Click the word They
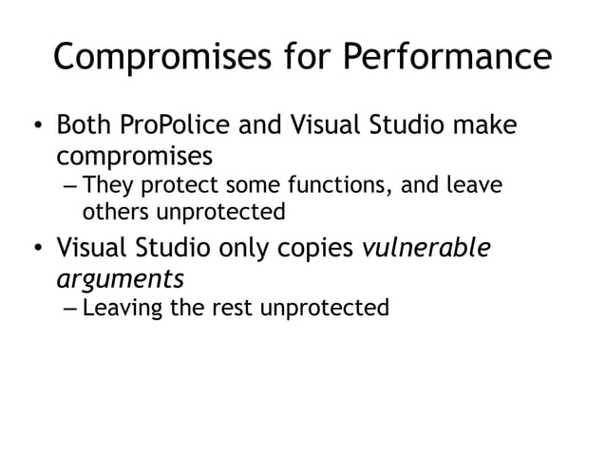point(108,184)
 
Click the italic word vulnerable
point(426,249)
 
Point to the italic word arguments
point(119,278)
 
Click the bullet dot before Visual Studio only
point(36,250)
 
